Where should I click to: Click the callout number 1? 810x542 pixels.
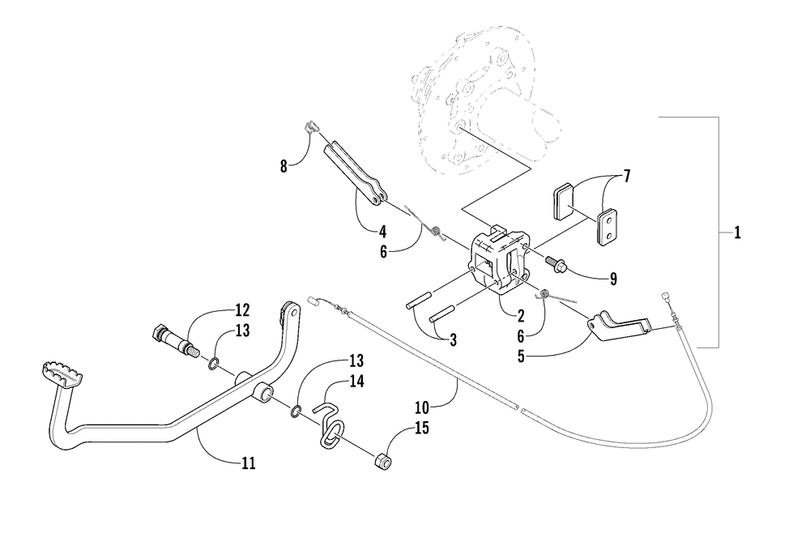(737, 233)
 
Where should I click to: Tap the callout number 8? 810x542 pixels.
(283, 167)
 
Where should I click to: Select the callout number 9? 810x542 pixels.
(613, 279)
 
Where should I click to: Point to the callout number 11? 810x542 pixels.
(249, 463)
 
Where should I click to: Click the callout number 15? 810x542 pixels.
(422, 428)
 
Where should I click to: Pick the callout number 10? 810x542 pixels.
(422, 408)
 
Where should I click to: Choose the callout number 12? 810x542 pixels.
(242, 310)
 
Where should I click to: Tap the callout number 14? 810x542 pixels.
(357, 382)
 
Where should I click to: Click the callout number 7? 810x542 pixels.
(627, 176)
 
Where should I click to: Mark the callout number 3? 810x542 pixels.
(453, 340)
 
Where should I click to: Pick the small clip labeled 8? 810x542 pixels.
(310, 126)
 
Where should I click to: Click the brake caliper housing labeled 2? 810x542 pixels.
(498, 261)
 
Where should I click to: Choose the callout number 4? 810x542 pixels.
(382, 231)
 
